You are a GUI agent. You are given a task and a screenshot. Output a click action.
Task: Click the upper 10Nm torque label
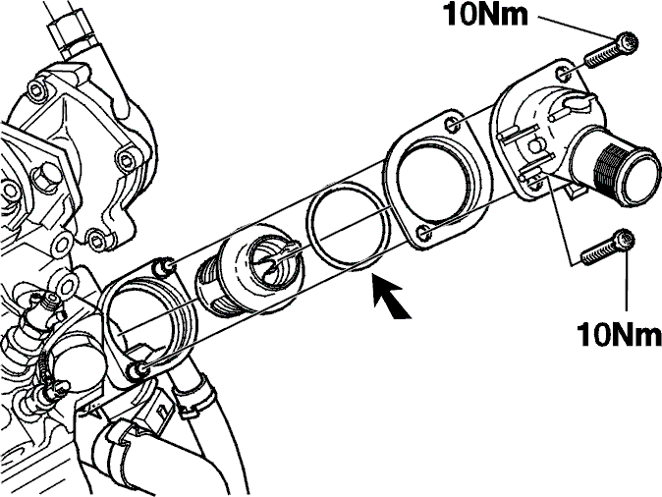(x=485, y=15)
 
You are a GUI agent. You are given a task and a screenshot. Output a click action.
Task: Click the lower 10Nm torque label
(x=619, y=334)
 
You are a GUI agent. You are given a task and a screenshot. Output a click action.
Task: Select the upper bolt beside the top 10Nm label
(x=611, y=51)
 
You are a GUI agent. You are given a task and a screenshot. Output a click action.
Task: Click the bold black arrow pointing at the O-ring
(x=391, y=301)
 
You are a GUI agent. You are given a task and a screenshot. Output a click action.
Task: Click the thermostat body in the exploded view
(x=249, y=267)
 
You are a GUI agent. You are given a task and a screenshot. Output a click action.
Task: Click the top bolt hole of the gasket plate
(x=451, y=124)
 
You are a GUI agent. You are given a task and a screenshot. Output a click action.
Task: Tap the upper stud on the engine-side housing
(x=162, y=267)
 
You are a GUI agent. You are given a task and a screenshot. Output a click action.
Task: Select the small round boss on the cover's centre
(x=535, y=145)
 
